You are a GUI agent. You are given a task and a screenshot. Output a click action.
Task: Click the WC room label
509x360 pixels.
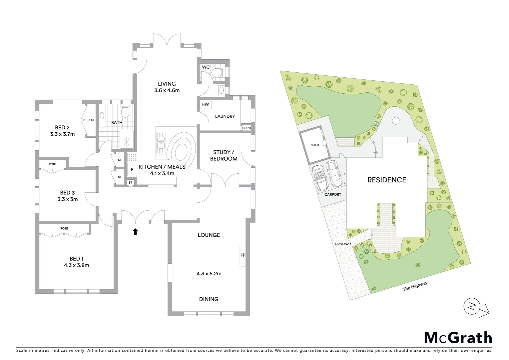206,67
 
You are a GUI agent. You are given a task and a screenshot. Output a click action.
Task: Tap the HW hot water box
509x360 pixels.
205,104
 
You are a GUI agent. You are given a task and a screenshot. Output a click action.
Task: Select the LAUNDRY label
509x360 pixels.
225,116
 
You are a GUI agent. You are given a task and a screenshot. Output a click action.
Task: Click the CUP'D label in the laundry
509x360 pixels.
246,128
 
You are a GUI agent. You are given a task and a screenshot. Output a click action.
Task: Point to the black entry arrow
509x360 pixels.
135,232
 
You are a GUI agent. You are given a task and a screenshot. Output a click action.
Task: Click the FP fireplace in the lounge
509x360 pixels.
243,255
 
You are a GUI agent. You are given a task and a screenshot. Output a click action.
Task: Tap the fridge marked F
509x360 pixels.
132,170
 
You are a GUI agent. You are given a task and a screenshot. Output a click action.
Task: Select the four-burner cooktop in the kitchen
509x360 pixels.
132,157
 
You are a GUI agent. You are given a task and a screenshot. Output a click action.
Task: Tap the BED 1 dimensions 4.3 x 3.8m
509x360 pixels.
77,265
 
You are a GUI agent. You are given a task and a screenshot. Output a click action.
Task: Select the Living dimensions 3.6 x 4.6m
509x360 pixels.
167,90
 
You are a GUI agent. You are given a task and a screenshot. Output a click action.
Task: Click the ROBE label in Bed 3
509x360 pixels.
53,164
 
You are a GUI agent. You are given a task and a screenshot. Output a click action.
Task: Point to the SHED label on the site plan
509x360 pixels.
314,145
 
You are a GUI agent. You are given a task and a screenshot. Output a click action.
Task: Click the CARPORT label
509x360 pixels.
333,194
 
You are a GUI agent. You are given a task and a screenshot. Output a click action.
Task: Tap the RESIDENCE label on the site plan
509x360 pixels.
387,180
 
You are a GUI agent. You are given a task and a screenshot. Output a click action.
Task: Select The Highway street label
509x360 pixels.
415,286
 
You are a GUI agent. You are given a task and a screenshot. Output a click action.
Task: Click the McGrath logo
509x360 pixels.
458,338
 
